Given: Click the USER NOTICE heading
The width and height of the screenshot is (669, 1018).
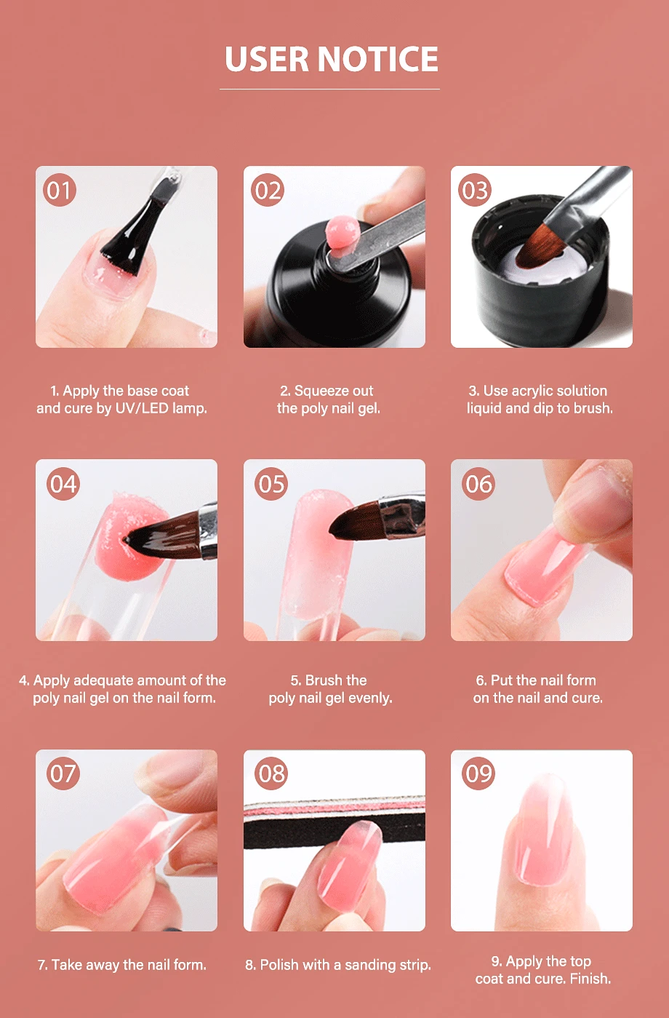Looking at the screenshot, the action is coord(331,59).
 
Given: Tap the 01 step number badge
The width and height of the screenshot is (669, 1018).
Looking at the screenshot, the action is coord(60,190).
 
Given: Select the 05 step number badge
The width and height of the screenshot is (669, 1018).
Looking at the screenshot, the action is coord(271,484).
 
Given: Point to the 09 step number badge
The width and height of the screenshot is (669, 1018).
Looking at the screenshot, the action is coord(478,773).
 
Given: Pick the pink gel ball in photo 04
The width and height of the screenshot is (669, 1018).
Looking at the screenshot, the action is coord(130,536).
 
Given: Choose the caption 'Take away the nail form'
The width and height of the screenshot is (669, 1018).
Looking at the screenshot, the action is coord(121,964).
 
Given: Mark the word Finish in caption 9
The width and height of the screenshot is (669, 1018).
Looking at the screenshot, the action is coord(590,978).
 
